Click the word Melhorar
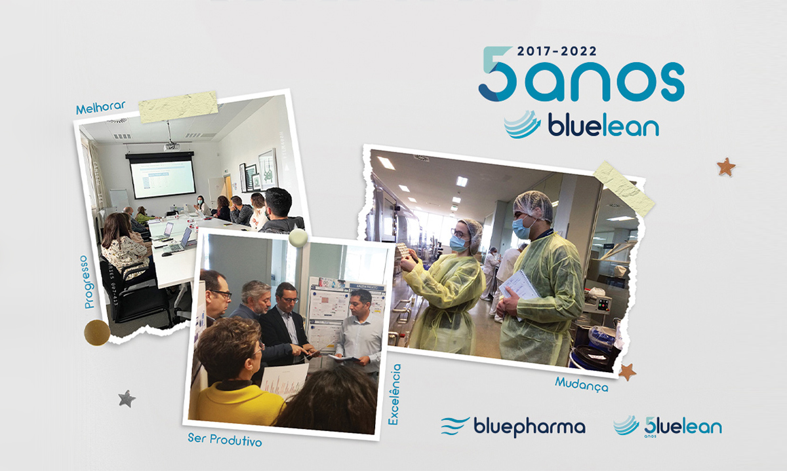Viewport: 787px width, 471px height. (x=100, y=107)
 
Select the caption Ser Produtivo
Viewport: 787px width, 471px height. (x=224, y=440)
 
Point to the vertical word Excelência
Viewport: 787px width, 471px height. (x=394, y=394)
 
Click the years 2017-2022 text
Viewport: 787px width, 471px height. (x=557, y=50)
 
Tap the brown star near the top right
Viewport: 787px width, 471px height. (x=725, y=166)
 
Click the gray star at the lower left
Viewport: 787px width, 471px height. (x=127, y=398)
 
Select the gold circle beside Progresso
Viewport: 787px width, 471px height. (x=96, y=332)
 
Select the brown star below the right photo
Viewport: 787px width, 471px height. (x=627, y=371)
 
